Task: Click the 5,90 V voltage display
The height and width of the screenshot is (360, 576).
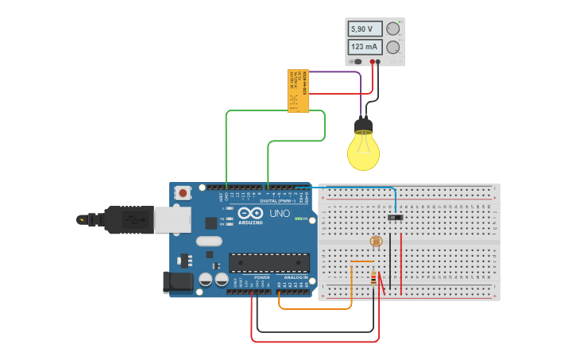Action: (365, 29)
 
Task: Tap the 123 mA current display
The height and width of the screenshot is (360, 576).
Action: (365, 47)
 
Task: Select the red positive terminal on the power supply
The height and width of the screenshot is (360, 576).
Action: (371, 61)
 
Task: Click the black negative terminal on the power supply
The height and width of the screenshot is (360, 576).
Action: (378, 61)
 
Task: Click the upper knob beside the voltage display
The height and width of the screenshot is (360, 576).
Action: (392, 29)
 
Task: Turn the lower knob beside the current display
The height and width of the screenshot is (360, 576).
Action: (392, 47)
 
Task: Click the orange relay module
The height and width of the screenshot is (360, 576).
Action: (298, 91)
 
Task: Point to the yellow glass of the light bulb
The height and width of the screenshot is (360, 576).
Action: (363, 151)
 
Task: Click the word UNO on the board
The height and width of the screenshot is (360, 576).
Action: (280, 213)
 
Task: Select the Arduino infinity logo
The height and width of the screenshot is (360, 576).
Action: (249, 213)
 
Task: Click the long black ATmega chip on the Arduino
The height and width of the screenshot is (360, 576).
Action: (269, 263)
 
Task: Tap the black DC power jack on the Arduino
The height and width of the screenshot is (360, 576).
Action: (178, 281)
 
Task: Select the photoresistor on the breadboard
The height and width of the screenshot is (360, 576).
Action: (376, 241)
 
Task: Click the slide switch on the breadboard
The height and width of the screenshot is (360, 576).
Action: (395, 217)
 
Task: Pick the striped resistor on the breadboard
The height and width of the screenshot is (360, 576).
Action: (373, 277)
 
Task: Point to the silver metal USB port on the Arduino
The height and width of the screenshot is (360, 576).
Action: (172, 219)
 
